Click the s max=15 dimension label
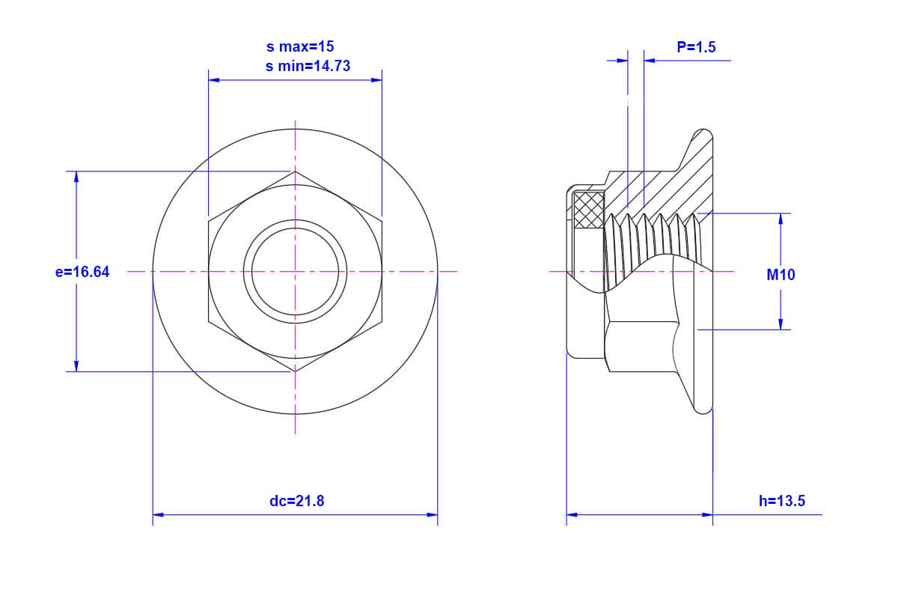pyautogui.click(x=300, y=46)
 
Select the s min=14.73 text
pyautogui.click(x=308, y=66)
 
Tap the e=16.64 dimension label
pyautogui.click(x=82, y=272)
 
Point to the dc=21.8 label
pyautogui.click(x=296, y=501)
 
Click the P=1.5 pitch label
pyautogui.click(x=697, y=47)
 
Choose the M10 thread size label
pyautogui.click(x=781, y=275)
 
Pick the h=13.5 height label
pyautogui.click(x=782, y=501)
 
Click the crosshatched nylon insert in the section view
pyautogui.click(x=589, y=210)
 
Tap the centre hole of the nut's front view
pyautogui.click(x=295, y=272)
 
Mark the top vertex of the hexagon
pyautogui.click(x=295, y=171)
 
